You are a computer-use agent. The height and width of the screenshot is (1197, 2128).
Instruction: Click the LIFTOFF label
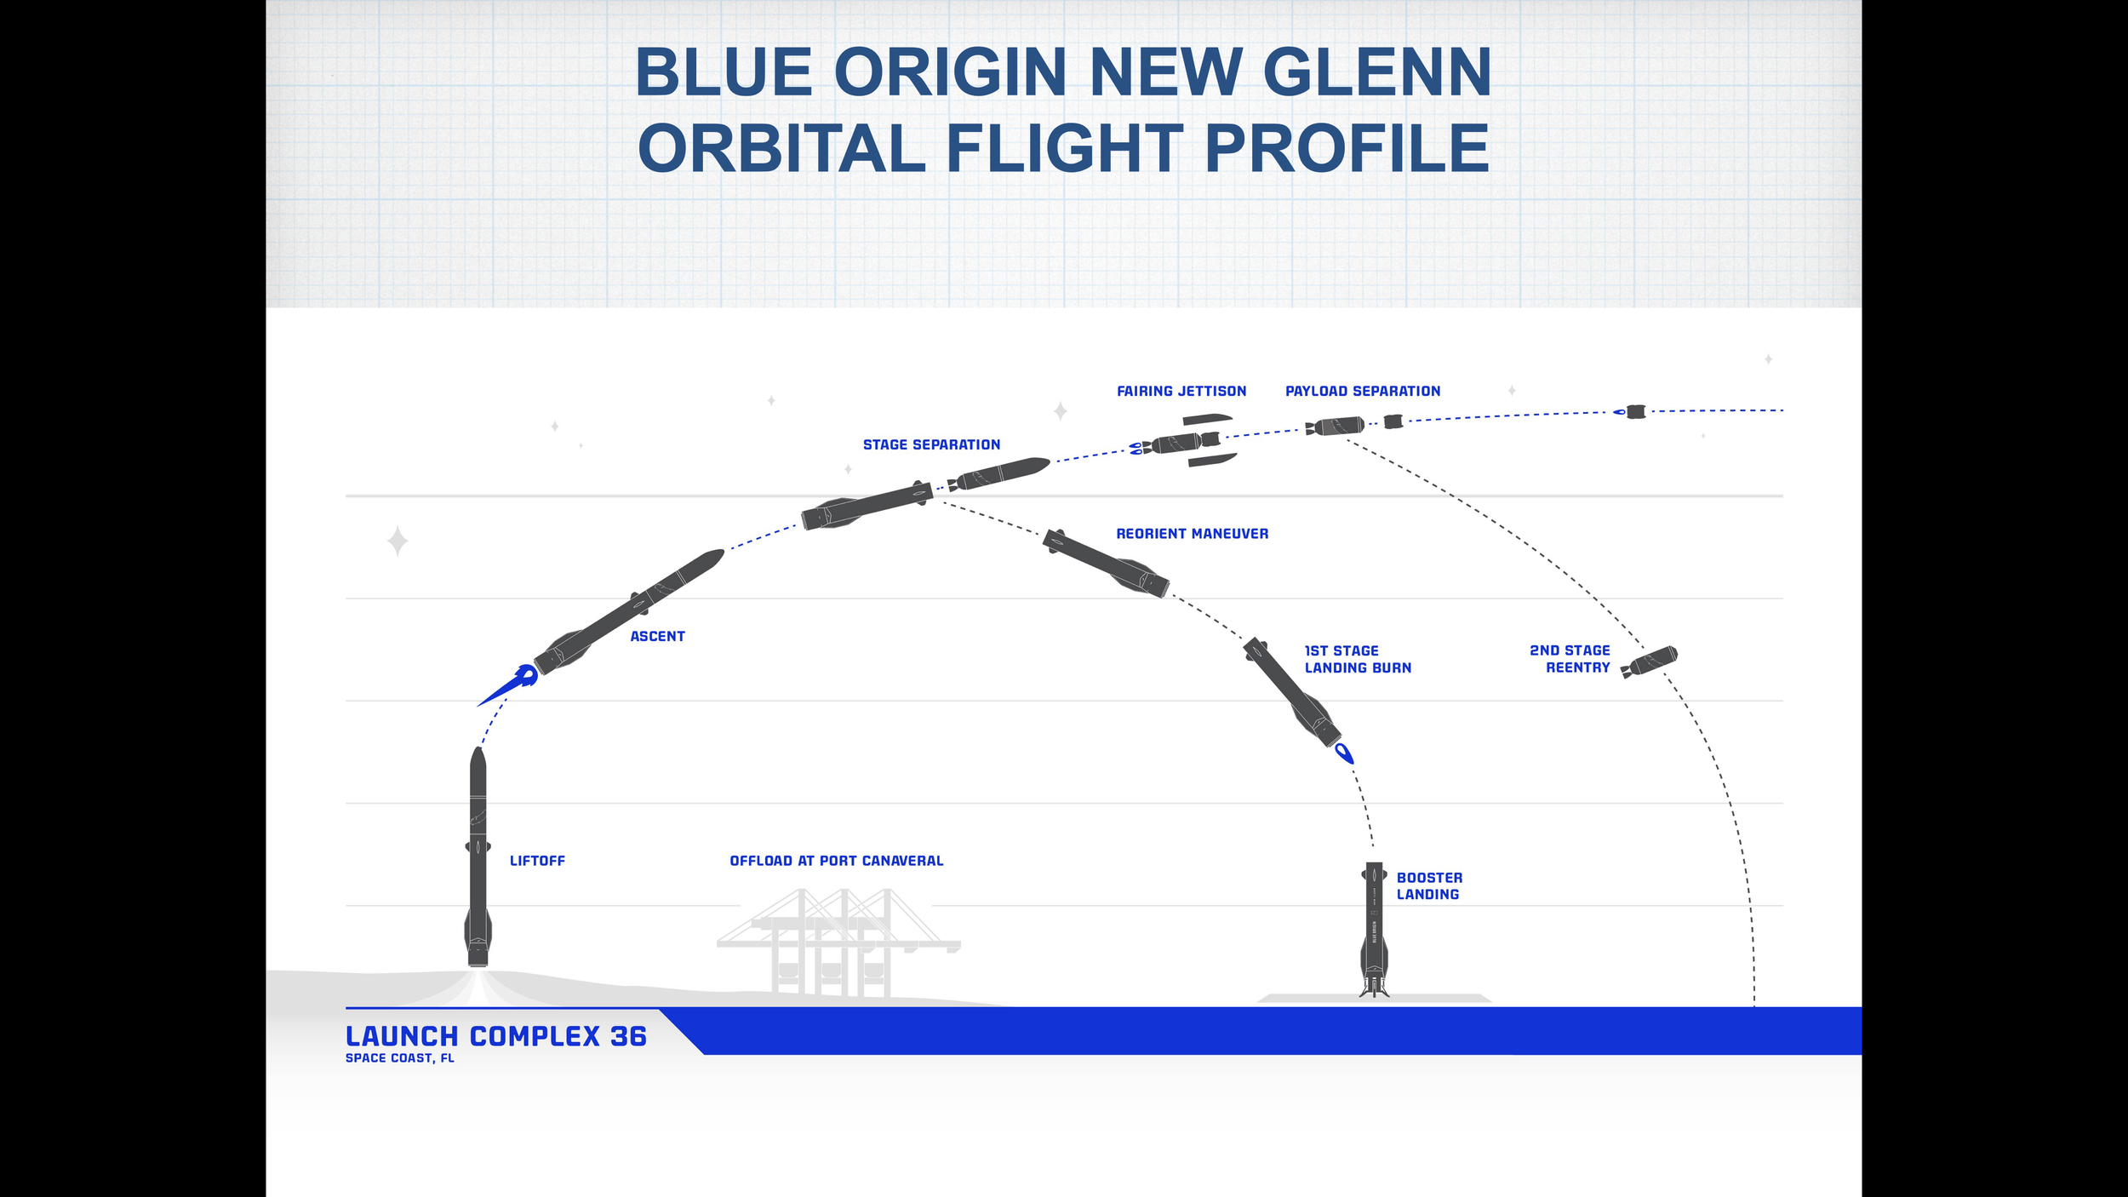coord(537,861)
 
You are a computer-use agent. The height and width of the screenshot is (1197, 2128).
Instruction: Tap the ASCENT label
coord(657,636)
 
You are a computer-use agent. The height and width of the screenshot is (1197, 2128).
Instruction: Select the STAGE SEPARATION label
coord(931,444)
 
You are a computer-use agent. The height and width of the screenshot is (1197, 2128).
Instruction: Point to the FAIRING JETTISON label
coord(1181,391)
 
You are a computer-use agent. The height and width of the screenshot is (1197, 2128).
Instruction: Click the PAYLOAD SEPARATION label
coord(1363,391)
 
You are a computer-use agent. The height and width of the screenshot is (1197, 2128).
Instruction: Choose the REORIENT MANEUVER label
coord(1192,534)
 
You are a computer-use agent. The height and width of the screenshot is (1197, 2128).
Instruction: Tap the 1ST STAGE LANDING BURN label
coord(1358,659)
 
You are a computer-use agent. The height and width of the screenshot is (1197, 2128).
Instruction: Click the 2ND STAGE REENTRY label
coord(1570,659)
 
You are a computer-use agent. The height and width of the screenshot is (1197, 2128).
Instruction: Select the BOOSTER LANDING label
coord(1429,885)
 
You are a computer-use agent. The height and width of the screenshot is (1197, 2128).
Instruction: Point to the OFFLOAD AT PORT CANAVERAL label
coord(837,861)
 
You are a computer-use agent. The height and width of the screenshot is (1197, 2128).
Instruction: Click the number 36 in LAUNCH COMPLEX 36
coord(628,1036)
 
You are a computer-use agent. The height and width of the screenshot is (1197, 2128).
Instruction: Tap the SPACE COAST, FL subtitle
coord(400,1058)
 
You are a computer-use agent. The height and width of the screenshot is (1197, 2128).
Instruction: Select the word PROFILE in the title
coord(1347,148)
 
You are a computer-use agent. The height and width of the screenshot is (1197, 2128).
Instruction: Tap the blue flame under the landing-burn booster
coord(1344,753)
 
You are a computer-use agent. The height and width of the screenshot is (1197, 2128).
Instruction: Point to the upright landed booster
coord(1374,928)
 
